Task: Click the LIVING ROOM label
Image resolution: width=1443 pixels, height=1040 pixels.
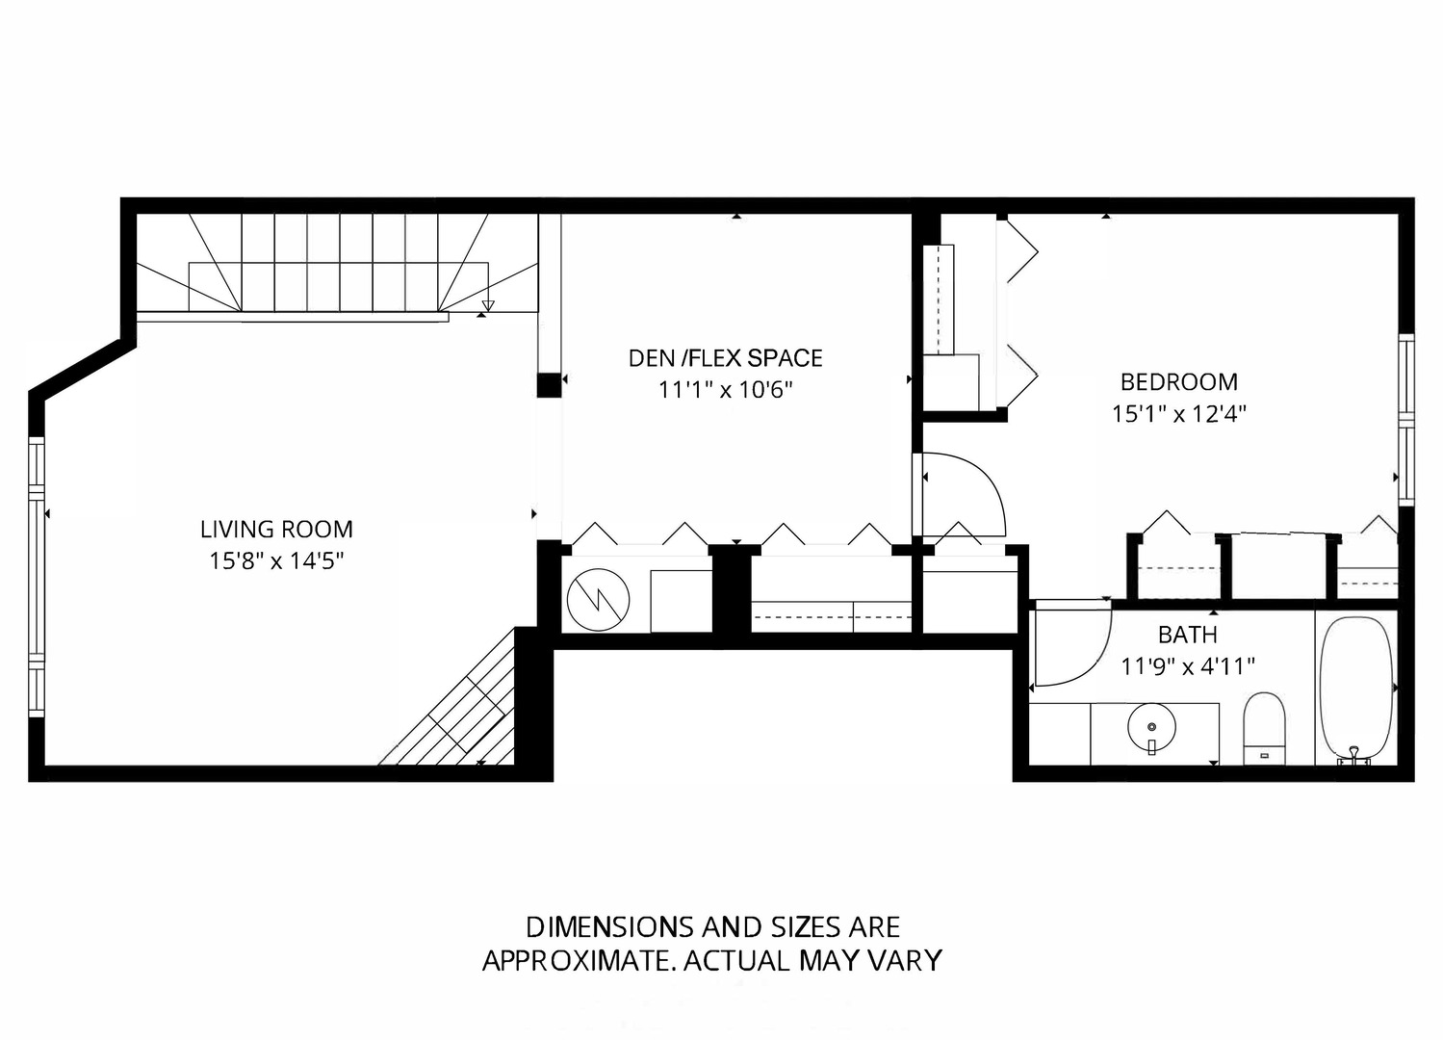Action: click(x=276, y=530)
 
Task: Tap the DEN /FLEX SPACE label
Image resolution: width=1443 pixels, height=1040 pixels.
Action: click(x=726, y=358)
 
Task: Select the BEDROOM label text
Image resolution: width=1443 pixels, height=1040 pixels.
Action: click(x=1179, y=382)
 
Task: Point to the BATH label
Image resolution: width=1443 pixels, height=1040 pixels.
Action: click(x=1187, y=636)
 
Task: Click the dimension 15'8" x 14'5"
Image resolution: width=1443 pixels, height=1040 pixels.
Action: click(x=276, y=561)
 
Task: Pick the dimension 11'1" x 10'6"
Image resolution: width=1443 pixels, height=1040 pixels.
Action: click(x=726, y=390)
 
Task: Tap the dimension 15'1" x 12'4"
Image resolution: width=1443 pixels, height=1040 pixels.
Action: click(x=1179, y=414)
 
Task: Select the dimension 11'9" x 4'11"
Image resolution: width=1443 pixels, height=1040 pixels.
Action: click(x=1188, y=666)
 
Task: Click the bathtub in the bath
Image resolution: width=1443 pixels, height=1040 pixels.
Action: click(x=1356, y=690)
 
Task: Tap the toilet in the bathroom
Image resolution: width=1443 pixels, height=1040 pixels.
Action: click(x=1264, y=729)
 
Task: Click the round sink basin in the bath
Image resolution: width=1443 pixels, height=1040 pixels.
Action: click(x=1152, y=727)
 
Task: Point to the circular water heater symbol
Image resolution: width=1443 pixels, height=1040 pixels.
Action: click(x=598, y=600)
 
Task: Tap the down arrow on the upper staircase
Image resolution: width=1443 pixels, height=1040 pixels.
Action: click(x=488, y=306)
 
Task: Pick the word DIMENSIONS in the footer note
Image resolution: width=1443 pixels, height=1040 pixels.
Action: click(x=608, y=928)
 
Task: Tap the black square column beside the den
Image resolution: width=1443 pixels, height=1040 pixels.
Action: click(x=549, y=385)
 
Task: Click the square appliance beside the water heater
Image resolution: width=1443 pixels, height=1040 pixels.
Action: click(x=681, y=601)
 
